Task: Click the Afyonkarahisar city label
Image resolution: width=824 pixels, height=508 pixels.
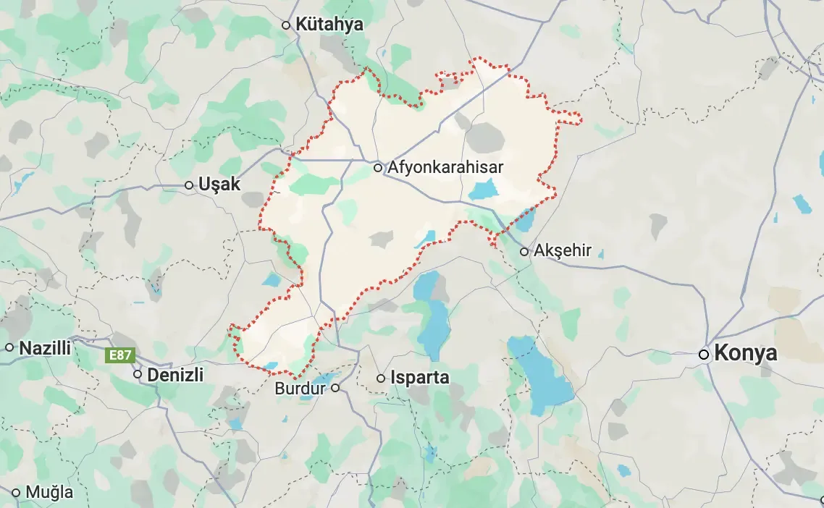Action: click(445, 168)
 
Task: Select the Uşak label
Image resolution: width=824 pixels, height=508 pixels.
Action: click(221, 185)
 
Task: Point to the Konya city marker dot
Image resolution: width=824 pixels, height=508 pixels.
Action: click(703, 355)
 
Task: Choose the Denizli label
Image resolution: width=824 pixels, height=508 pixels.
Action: click(175, 375)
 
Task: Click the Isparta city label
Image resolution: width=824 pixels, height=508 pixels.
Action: click(419, 378)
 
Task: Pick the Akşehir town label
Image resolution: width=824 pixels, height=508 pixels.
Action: click(563, 252)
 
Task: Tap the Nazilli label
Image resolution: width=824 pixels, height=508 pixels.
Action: click(45, 348)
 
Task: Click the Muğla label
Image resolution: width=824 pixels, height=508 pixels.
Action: click(49, 493)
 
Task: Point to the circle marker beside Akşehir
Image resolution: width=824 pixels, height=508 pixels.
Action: click(524, 252)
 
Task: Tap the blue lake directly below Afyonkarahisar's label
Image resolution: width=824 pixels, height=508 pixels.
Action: click(482, 191)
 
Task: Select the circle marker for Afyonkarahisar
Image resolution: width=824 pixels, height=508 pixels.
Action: click(378, 168)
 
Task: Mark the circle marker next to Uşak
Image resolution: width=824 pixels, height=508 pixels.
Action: click(189, 185)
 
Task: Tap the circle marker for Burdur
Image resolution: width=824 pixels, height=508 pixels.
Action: click(335, 389)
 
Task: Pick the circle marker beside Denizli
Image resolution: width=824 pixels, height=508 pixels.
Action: click(138, 374)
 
